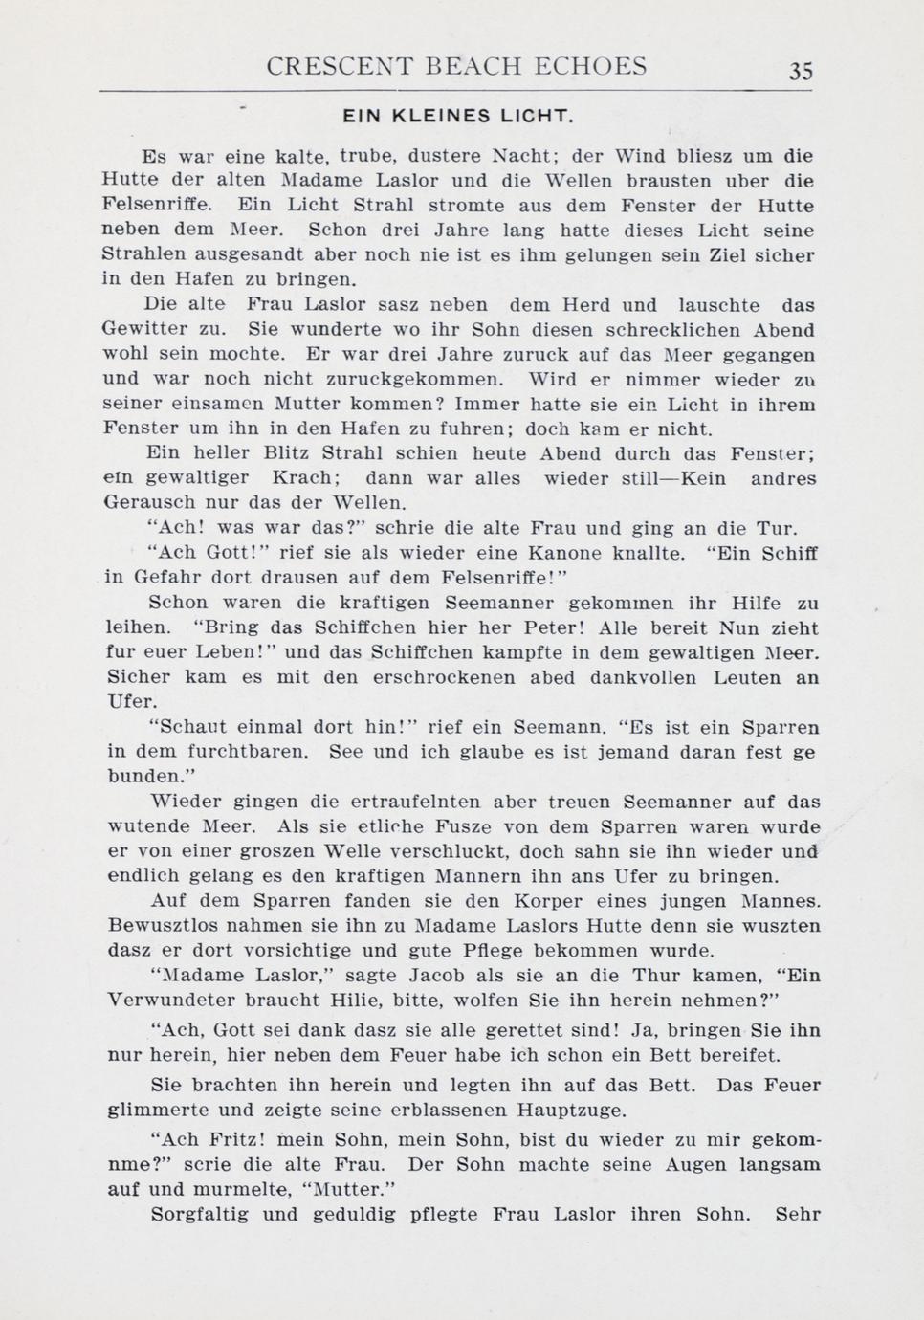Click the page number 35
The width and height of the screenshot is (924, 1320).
(801, 71)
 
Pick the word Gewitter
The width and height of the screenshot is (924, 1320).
(137, 330)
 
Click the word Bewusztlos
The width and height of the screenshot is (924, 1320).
(158, 925)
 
